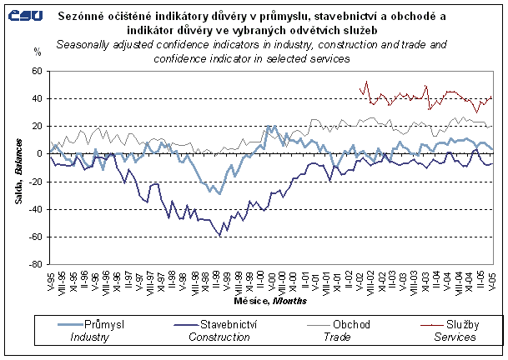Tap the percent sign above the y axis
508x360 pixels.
tap(37, 52)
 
